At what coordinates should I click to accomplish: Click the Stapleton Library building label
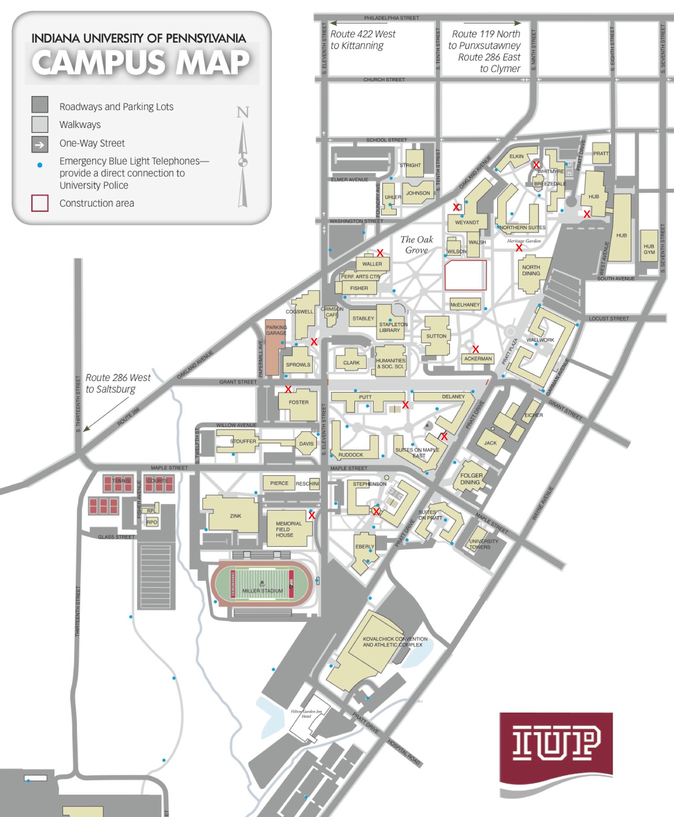[x=393, y=327]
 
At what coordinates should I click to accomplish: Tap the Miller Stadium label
[x=262, y=590]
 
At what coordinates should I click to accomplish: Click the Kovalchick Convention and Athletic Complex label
[x=395, y=641]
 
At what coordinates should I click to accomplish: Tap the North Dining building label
[x=531, y=270]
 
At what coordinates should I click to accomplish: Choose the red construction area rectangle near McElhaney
[x=465, y=275]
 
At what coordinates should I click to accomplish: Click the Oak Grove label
[x=416, y=245]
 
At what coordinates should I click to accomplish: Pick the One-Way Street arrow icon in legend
[x=40, y=144]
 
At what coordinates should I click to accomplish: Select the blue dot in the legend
[x=40, y=165]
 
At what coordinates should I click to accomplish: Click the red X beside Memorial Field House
[x=311, y=515]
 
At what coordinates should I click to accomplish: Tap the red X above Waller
[x=380, y=253]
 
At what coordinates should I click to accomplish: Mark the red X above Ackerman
[x=475, y=349]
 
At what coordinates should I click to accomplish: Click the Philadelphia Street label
[x=391, y=18]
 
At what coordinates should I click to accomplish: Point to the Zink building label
[x=235, y=516]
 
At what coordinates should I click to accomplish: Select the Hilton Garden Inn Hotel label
[x=306, y=714]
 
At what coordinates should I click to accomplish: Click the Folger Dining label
[x=471, y=479]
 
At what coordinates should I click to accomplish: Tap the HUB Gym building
[x=648, y=247]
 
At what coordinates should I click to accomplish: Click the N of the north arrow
[x=243, y=112]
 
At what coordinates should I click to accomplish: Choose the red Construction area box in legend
[x=40, y=203]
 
